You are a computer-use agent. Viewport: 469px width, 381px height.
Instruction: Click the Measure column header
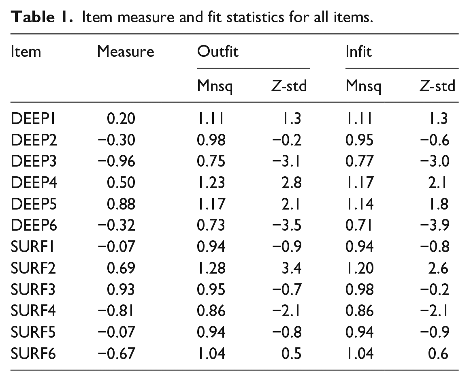126,51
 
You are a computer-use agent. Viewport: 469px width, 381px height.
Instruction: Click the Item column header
26,51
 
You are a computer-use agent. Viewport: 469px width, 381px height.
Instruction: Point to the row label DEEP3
34,161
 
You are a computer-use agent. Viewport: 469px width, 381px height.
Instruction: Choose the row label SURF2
33,268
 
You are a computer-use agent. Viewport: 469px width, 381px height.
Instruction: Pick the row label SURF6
33,353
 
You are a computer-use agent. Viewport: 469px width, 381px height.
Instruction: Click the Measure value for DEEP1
121,118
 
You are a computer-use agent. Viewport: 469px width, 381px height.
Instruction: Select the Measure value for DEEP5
121,204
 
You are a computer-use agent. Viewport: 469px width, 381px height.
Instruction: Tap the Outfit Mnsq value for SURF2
211,268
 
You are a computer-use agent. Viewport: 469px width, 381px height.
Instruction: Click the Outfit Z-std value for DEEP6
287,225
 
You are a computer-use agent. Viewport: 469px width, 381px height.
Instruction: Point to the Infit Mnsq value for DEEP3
360,161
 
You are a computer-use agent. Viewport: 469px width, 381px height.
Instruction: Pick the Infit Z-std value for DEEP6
435,225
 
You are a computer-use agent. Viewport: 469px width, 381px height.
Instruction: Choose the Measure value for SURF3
121,289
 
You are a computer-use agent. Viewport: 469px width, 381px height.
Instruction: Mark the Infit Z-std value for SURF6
438,353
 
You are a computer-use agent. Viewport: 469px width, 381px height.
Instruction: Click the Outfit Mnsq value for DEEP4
211,182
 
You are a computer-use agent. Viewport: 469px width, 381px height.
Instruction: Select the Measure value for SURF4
116,310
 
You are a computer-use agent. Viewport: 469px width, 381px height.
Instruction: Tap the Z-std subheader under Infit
437,86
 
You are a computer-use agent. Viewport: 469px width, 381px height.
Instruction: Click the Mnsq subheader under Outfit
215,86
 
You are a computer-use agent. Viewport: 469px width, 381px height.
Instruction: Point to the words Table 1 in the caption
42,17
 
